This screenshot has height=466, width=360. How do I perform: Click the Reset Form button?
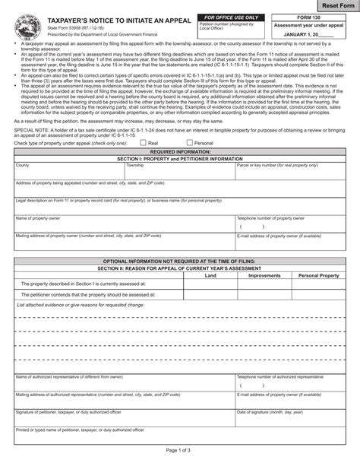pos(331,6)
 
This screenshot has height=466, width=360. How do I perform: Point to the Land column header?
pos(210,275)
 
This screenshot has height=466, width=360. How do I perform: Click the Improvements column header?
pos(264,275)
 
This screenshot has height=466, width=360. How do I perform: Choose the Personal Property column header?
pos(319,275)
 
